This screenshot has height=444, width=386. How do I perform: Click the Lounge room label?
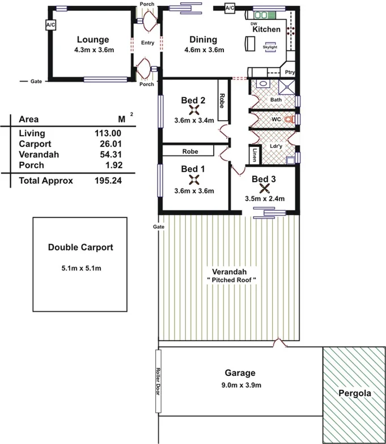pyautogui.click(x=93, y=40)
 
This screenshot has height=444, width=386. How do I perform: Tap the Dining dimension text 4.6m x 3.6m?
pyautogui.click(x=204, y=50)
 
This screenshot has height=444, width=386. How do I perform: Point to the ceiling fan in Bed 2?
pyautogui.click(x=194, y=111)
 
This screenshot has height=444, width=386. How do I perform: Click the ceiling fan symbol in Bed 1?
pyautogui.click(x=194, y=180)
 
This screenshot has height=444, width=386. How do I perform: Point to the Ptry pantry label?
pyautogui.click(x=290, y=72)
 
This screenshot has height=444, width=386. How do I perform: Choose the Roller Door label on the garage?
pyautogui.click(x=158, y=382)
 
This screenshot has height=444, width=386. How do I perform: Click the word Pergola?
pyautogui.click(x=354, y=393)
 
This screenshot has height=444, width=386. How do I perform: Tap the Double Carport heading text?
pyautogui.click(x=80, y=247)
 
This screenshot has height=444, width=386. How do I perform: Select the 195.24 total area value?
pyautogui.click(x=108, y=181)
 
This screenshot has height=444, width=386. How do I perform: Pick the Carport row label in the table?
pyautogui.click(x=34, y=144)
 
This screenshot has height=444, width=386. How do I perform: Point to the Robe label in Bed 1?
pyautogui.click(x=189, y=151)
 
